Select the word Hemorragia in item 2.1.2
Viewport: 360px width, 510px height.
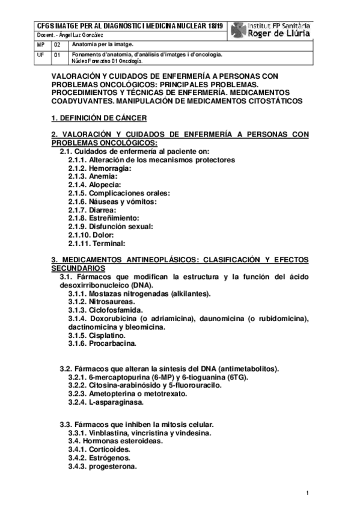pos(111,169)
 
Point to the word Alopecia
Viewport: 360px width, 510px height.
pos(108,185)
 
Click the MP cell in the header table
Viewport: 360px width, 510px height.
pos(40,45)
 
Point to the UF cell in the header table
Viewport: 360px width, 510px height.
pos(40,55)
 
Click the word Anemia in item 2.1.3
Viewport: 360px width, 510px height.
pos(103,177)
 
